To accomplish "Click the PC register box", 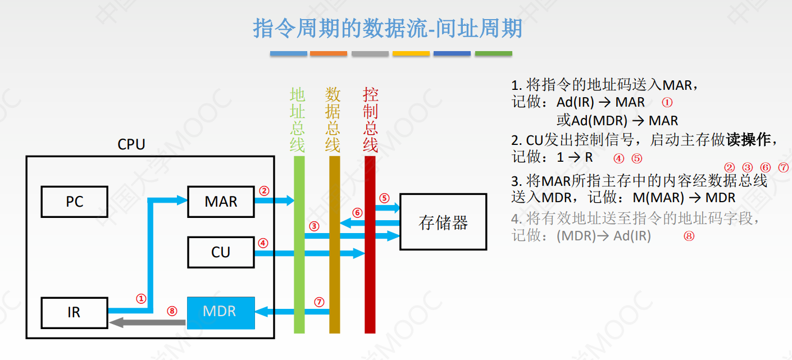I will click(x=74, y=202).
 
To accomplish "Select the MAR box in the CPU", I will click(x=220, y=202).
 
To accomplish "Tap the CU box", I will click(x=220, y=252).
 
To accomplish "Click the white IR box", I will click(x=74, y=312).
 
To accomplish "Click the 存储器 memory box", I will click(x=443, y=222).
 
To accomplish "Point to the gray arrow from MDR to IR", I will click(x=147, y=322).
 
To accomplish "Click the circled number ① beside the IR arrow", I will click(x=141, y=299).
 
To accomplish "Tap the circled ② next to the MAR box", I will click(x=264, y=190).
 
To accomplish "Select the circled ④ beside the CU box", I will click(x=263, y=243).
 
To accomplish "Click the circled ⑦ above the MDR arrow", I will click(x=319, y=302).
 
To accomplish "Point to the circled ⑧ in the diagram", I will click(x=172, y=311).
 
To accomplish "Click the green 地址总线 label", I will click(x=298, y=120).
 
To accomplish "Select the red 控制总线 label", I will click(x=370, y=120).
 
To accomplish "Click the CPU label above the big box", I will click(x=131, y=144).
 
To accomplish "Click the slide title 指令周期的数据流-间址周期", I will click(x=388, y=28).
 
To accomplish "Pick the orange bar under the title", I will click(x=328, y=53).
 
